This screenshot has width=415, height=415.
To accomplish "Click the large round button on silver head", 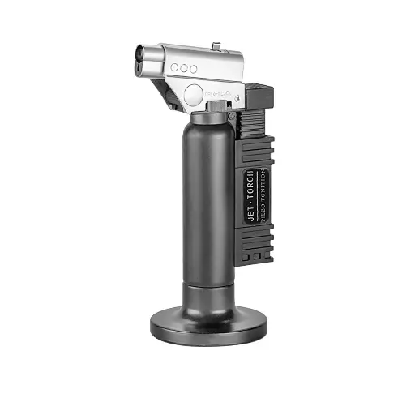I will coord(193,96).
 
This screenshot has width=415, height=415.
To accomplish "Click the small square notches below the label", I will coord(253,258).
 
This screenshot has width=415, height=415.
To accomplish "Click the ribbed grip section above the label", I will coord(258,150).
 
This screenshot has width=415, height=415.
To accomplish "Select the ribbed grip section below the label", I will coord(258,242).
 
